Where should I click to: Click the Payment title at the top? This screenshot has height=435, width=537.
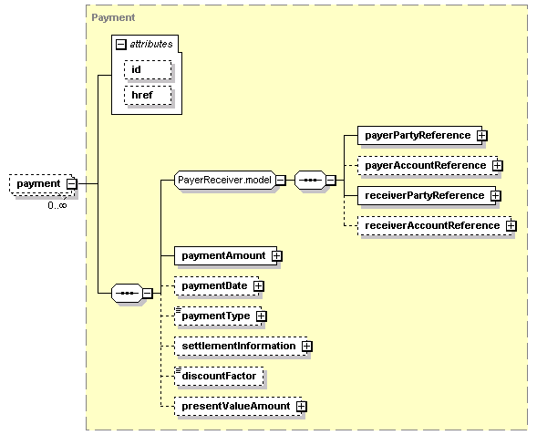point(113,17)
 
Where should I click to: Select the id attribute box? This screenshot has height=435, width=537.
point(148,70)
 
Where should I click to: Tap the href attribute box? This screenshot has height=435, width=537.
point(148,95)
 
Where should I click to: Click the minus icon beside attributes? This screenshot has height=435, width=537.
point(121,44)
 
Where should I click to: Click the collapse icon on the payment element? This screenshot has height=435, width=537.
point(72,183)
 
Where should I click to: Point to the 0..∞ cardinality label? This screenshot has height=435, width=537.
point(57,205)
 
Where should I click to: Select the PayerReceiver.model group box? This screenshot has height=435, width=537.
point(224,181)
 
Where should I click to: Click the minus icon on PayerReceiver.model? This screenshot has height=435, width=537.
point(281,181)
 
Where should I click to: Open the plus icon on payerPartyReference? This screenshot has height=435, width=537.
point(482,136)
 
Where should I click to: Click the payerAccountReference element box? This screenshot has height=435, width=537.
point(428,165)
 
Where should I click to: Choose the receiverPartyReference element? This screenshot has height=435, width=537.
point(427,195)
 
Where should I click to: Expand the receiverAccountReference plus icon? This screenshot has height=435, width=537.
point(511,226)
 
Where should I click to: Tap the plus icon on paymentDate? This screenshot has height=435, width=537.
point(259,286)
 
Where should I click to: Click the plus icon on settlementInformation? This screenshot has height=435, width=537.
point(307,347)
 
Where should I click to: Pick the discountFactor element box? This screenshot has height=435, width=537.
point(219,377)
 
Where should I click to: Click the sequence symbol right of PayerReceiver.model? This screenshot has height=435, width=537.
point(310,181)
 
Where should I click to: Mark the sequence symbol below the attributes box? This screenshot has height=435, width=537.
point(127,294)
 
